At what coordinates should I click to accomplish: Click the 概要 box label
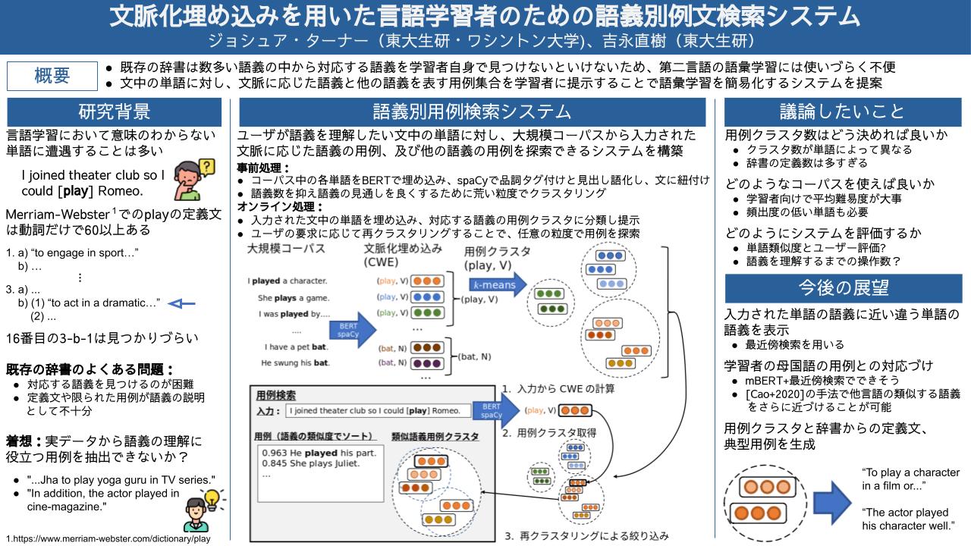52,76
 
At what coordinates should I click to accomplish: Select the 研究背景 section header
115,111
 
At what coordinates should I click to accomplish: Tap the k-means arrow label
494,285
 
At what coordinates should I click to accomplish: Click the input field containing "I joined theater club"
374,411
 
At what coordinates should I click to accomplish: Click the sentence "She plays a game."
292,297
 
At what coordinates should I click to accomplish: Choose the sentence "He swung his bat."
294,362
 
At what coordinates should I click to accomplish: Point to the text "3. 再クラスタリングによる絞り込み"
586,536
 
